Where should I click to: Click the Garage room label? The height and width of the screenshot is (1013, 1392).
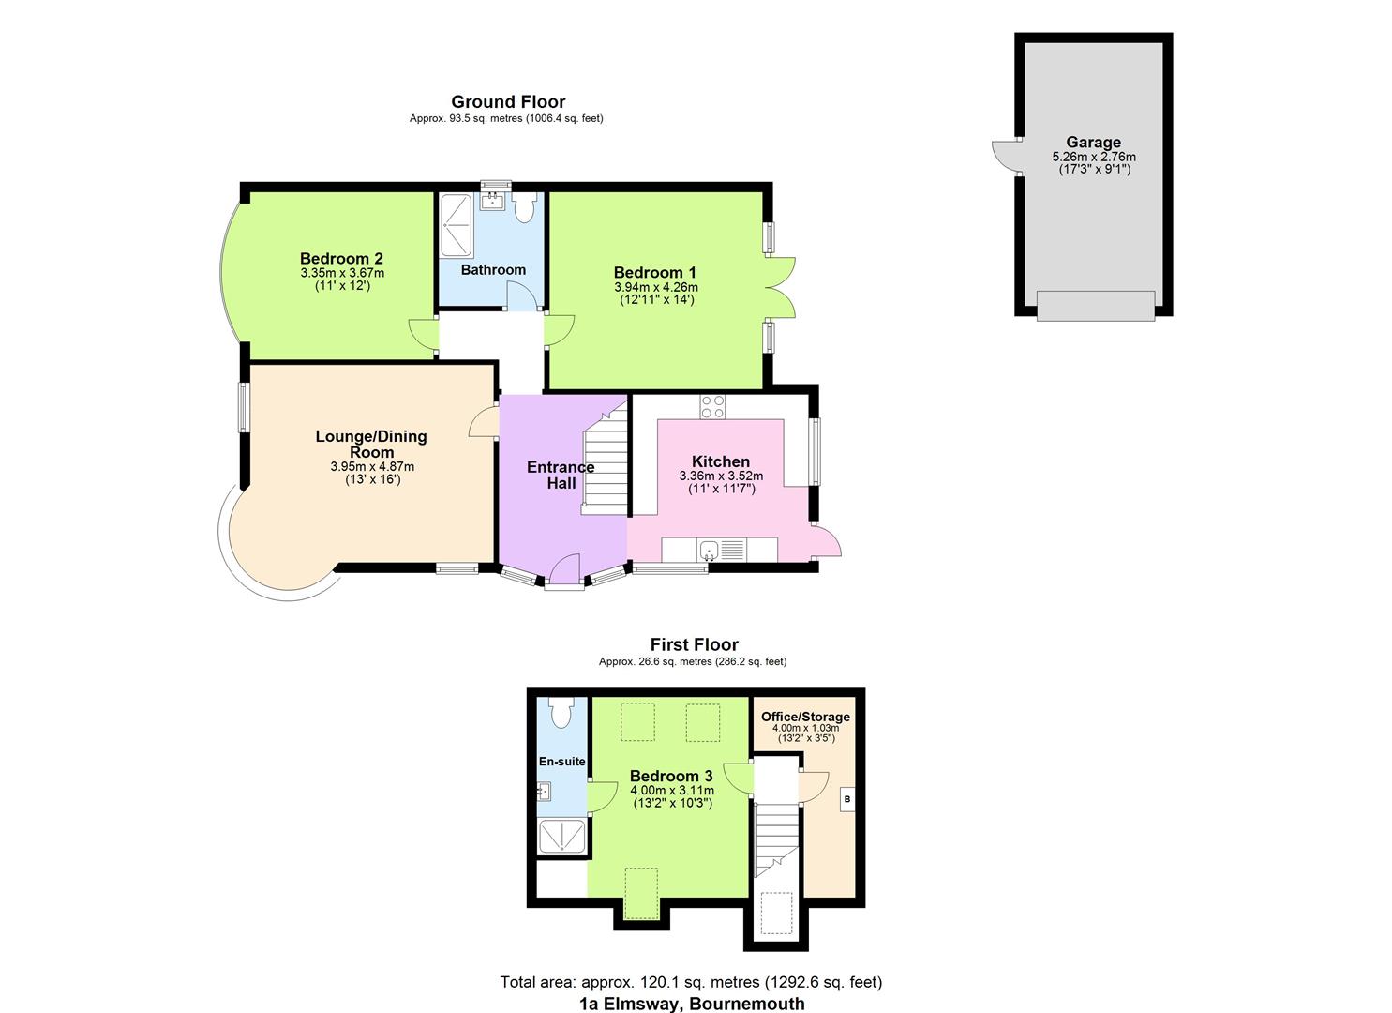[x=1093, y=144]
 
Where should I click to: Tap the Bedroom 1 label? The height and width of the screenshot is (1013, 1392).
[x=655, y=273]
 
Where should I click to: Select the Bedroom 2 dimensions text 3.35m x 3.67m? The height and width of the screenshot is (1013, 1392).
[x=342, y=273]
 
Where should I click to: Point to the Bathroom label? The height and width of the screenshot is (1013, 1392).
[x=493, y=270]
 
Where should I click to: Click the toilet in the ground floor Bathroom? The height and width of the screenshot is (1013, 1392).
[x=524, y=207]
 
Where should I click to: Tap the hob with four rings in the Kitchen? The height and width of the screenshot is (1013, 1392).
[x=712, y=406]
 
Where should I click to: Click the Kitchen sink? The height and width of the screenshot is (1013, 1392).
[x=708, y=550]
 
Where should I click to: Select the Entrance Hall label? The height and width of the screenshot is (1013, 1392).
[x=561, y=475]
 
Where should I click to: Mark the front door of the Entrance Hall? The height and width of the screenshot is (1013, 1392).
[x=564, y=571]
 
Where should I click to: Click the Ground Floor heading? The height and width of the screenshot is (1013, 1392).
[x=508, y=101]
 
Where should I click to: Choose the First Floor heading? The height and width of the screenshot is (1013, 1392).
[x=694, y=644]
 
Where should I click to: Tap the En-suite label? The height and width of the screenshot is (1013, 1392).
[x=561, y=762]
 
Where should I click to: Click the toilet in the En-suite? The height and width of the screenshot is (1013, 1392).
[x=561, y=712]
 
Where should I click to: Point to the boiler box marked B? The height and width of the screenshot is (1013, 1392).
[x=846, y=799]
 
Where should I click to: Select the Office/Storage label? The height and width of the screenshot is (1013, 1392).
[x=805, y=717]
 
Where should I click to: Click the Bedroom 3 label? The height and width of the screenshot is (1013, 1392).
[x=671, y=776]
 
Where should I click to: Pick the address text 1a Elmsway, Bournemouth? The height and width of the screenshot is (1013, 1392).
[x=691, y=1004]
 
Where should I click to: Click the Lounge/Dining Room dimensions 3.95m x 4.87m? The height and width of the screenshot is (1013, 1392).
[x=372, y=466]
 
